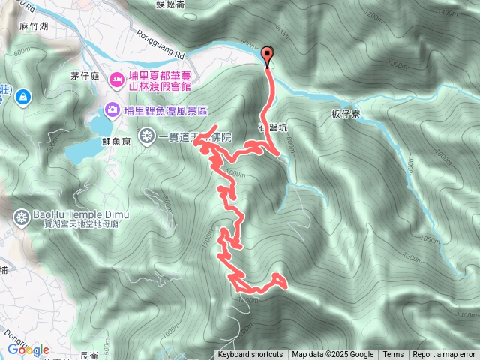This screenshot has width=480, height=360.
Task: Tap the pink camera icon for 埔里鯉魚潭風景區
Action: click(x=112, y=110)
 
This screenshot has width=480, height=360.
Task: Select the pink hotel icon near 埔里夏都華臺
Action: click(x=116, y=78)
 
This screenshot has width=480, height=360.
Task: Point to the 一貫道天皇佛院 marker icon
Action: click(x=148, y=136)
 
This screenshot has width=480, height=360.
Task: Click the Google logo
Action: click(x=28, y=349)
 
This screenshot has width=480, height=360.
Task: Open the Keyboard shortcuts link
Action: click(x=250, y=355)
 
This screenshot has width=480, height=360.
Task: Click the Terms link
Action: click(x=393, y=355)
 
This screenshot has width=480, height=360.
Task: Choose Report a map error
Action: click(x=444, y=355)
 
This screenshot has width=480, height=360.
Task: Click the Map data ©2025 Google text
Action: click(x=332, y=355)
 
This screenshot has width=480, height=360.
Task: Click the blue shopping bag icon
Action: click(x=24, y=96)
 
